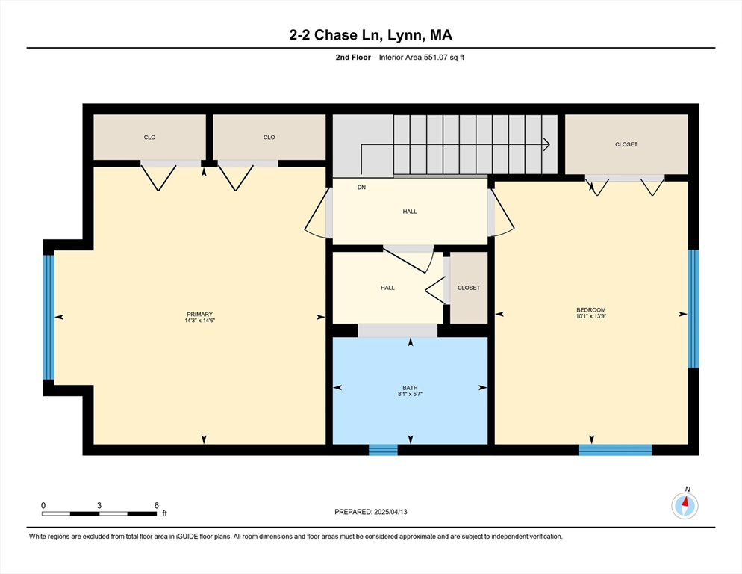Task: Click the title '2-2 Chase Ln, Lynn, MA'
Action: [x=370, y=34]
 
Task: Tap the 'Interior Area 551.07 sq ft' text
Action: [x=422, y=57]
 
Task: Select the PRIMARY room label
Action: [x=199, y=314]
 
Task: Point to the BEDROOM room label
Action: [x=590, y=310]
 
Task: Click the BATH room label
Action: [x=410, y=388]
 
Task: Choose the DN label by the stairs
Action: [x=361, y=188]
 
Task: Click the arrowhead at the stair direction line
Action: [x=547, y=144]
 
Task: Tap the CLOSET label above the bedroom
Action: [x=626, y=144]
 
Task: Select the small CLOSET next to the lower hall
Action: [x=469, y=288]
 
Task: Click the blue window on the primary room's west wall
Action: [x=49, y=318]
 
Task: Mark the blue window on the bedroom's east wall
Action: [x=693, y=309]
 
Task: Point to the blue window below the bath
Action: [x=383, y=449]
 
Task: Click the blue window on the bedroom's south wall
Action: [x=615, y=449]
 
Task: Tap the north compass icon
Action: [x=685, y=505]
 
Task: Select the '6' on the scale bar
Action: [x=156, y=505]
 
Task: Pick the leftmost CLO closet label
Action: [x=149, y=138]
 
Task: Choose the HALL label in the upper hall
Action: [x=410, y=212]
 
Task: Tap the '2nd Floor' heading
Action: [x=354, y=57]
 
